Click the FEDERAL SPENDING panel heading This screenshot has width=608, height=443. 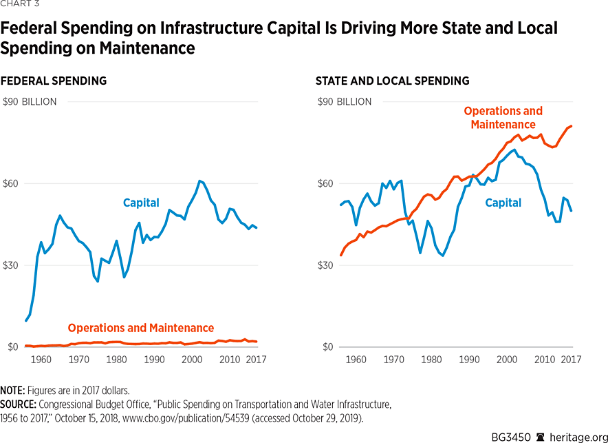pyautogui.click(x=54, y=81)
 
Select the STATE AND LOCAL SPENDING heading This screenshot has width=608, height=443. pyautogui.click(x=392, y=81)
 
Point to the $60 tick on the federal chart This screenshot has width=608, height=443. pyautogui.click(x=12, y=184)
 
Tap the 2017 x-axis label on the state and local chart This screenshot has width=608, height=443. pyautogui.click(x=570, y=360)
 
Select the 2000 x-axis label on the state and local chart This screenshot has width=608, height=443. pyautogui.click(x=507, y=360)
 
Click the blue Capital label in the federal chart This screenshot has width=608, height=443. pyautogui.click(x=141, y=203)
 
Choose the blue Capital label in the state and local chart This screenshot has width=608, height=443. pyautogui.click(x=503, y=203)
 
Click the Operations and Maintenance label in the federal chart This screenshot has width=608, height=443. pyautogui.click(x=141, y=328)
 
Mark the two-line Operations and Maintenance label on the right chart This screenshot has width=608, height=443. pyautogui.click(x=503, y=118)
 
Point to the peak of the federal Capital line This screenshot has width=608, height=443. pyautogui.click(x=199, y=181)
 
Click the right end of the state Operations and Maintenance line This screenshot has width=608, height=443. pyautogui.click(x=572, y=126)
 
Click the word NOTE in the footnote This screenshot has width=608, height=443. pyautogui.click(x=13, y=391)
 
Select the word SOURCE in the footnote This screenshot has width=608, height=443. pyautogui.click(x=19, y=404)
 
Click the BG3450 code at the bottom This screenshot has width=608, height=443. pyautogui.click(x=510, y=437)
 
